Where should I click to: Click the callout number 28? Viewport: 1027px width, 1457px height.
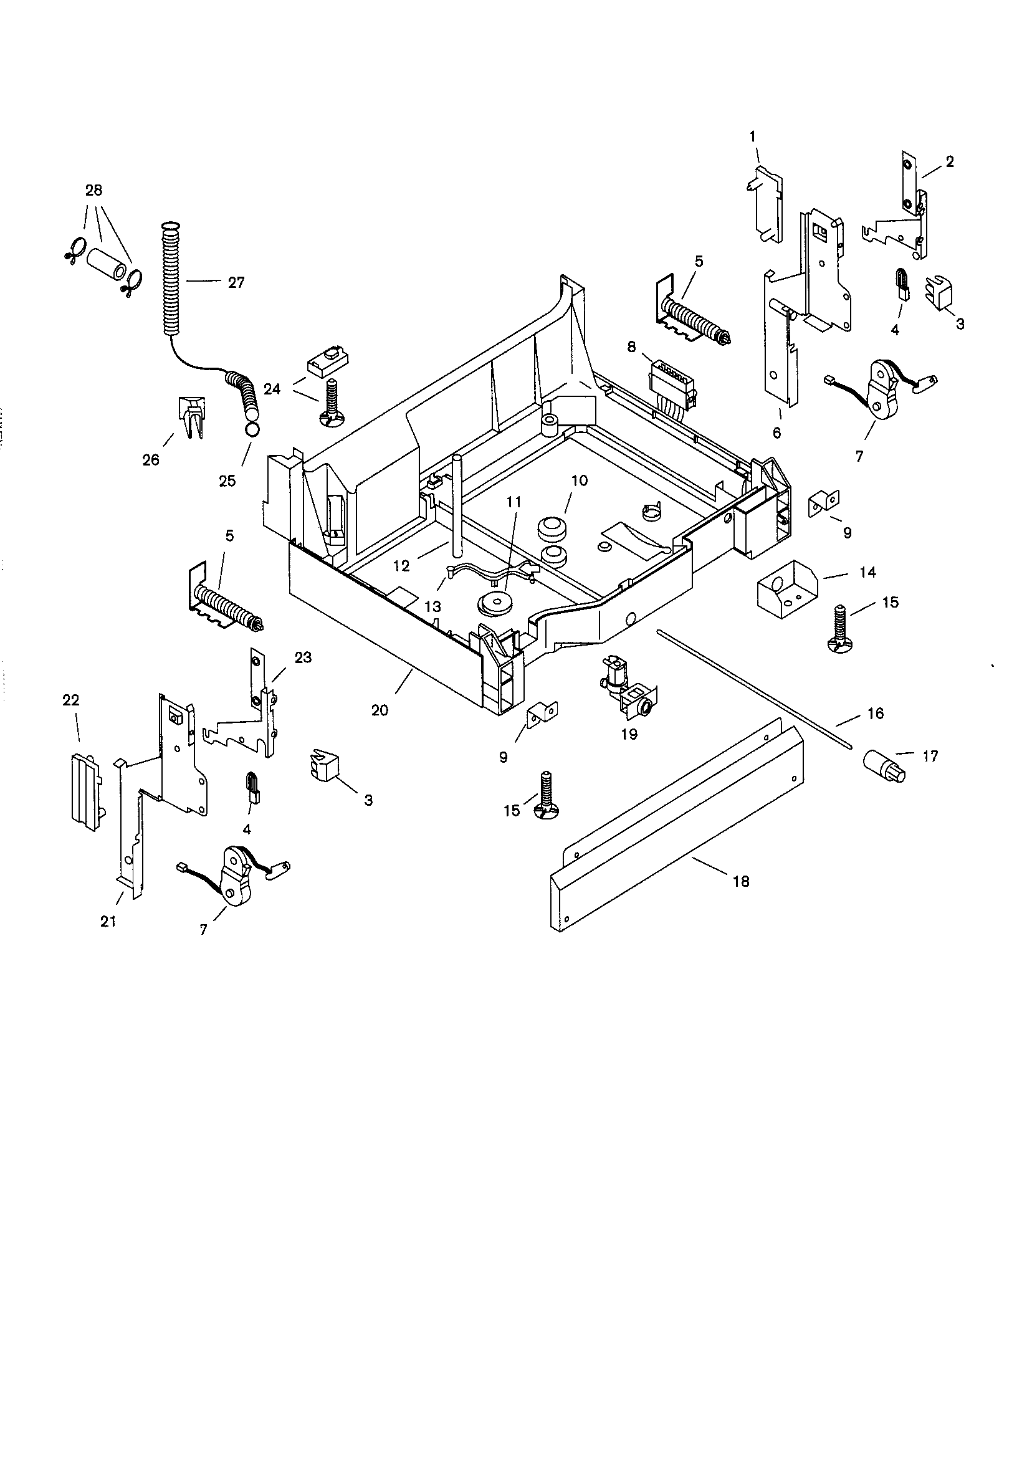click(x=93, y=190)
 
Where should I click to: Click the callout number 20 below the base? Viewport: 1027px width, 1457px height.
click(x=380, y=710)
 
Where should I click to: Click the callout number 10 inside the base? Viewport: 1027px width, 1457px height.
click(x=579, y=480)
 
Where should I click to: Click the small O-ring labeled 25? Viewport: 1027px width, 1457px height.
click(x=251, y=430)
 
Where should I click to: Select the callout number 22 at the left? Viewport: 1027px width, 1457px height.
click(x=70, y=700)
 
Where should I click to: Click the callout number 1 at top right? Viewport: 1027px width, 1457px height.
click(x=752, y=136)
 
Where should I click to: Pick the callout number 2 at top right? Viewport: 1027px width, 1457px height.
click(x=949, y=161)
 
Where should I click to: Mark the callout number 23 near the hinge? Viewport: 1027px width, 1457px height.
click(x=303, y=657)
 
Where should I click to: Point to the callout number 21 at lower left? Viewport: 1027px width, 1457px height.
click(x=108, y=921)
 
